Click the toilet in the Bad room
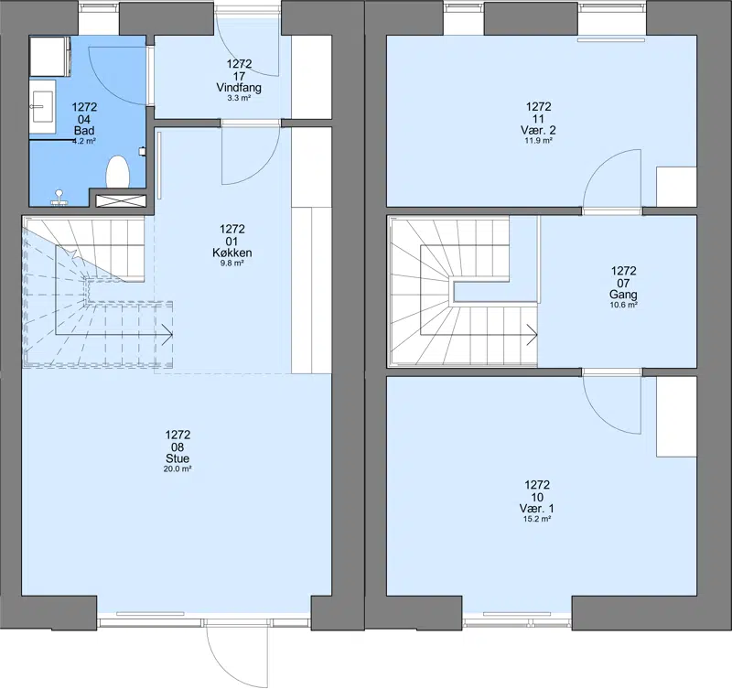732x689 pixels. [x=117, y=172]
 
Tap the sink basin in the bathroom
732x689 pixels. [x=42, y=106]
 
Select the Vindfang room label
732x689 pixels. [x=239, y=87]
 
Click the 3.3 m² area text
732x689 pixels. [x=239, y=98]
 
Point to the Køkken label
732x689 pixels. [x=232, y=253]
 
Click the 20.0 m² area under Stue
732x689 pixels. [x=178, y=468]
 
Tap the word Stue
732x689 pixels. [x=178, y=458]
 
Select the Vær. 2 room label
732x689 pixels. [x=538, y=130]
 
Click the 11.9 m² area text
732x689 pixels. [x=538, y=141]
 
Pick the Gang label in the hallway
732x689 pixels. [x=623, y=295]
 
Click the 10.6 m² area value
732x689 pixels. [x=623, y=305]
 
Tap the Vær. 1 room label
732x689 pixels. [x=537, y=509]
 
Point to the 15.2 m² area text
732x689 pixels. [x=537, y=519]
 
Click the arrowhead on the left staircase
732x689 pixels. [x=168, y=335]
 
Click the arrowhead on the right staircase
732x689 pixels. [x=533, y=335]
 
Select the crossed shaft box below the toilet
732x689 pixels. [x=121, y=200]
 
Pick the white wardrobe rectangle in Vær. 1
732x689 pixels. [x=676, y=417]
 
